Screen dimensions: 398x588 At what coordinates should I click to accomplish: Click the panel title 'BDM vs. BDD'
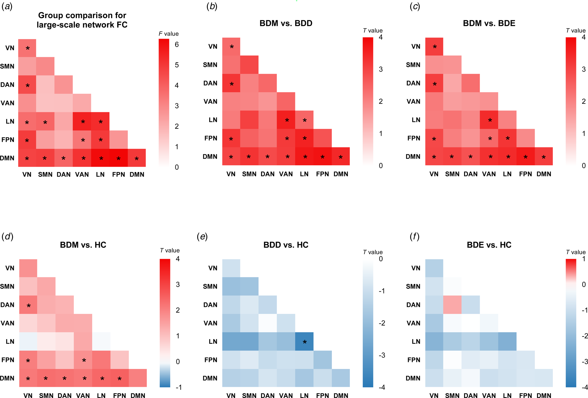286,23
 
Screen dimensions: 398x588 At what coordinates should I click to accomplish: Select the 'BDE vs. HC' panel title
489,245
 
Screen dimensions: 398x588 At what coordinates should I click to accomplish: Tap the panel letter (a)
7,7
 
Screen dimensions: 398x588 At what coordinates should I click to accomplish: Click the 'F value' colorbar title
168,34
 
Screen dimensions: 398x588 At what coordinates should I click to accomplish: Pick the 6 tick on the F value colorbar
177,45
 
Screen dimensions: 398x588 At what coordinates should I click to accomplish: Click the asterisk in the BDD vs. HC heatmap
305,342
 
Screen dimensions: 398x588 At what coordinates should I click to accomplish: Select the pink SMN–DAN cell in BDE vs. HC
452,305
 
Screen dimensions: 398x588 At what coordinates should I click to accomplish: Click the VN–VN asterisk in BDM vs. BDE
435,47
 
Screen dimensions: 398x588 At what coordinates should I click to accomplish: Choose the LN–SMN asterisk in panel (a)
45,122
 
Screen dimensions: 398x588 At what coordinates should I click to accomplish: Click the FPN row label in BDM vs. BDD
210,138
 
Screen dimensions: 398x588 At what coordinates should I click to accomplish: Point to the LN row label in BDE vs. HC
416,341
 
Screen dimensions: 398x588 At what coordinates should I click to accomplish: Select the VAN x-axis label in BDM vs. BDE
489,174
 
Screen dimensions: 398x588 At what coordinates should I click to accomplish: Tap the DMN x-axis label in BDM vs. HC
138,395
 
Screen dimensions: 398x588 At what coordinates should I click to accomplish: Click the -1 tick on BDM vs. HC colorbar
179,387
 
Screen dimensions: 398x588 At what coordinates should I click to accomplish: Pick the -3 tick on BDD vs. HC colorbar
382,355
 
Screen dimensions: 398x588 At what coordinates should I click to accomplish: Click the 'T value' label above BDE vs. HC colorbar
576,252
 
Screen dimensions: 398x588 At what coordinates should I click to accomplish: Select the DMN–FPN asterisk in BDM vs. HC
119,379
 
